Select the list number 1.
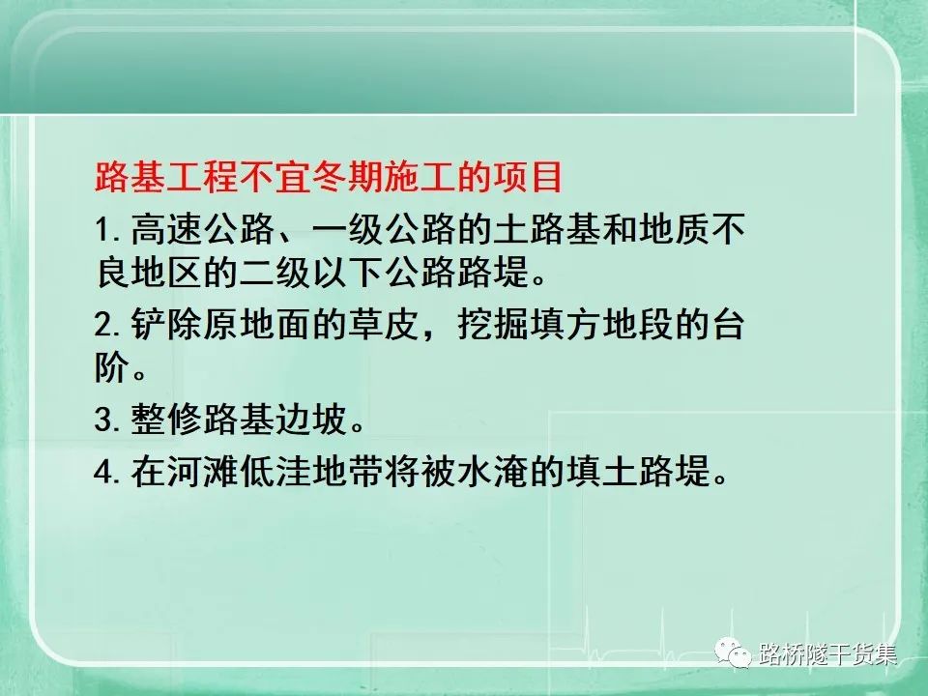coord(107,230)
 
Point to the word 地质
coord(674,230)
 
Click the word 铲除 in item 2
coord(166,325)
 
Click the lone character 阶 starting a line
coord(112,367)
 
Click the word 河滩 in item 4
coord(202,472)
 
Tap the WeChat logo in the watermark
coord(733,652)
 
